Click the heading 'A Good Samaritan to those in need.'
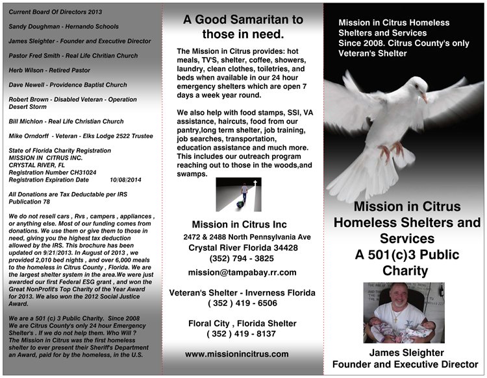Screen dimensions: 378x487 click(242, 27)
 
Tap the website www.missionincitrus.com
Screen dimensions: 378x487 click(236, 354)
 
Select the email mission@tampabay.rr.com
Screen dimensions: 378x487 click(242, 272)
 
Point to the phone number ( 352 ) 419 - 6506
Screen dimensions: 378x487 click(242, 303)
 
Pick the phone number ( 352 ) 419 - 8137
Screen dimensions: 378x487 click(242, 334)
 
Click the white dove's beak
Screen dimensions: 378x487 click(425, 99)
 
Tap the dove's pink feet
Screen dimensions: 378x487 click(389, 152)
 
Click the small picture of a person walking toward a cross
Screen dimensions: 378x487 click(238, 194)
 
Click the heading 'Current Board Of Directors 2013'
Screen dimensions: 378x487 click(56, 12)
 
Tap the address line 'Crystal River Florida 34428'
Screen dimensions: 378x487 click(243, 248)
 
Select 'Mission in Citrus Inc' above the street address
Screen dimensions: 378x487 click(234, 225)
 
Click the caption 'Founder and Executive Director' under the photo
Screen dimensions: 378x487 click(405, 364)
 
